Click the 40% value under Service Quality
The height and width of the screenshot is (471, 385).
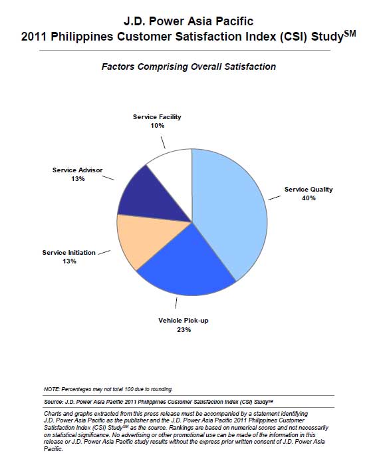(309, 198)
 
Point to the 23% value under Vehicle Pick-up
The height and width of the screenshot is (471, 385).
(184, 329)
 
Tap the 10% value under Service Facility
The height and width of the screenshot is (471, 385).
(158, 126)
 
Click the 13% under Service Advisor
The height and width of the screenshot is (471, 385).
(78, 179)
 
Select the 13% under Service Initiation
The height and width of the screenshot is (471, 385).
(69, 261)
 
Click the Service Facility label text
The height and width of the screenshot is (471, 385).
(157, 117)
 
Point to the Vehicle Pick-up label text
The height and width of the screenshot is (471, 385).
(183, 321)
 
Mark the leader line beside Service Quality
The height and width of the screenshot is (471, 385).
(274, 198)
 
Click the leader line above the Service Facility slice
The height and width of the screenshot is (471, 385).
(163, 142)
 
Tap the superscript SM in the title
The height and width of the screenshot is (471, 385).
(350, 33)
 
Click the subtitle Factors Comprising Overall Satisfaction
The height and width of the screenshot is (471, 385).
(189, 67)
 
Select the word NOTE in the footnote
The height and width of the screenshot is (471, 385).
(52, 389)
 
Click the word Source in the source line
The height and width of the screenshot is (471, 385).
(53, 402)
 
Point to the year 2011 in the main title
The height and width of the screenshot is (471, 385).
(34, 37)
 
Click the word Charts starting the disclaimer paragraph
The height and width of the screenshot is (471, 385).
(53, 414)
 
